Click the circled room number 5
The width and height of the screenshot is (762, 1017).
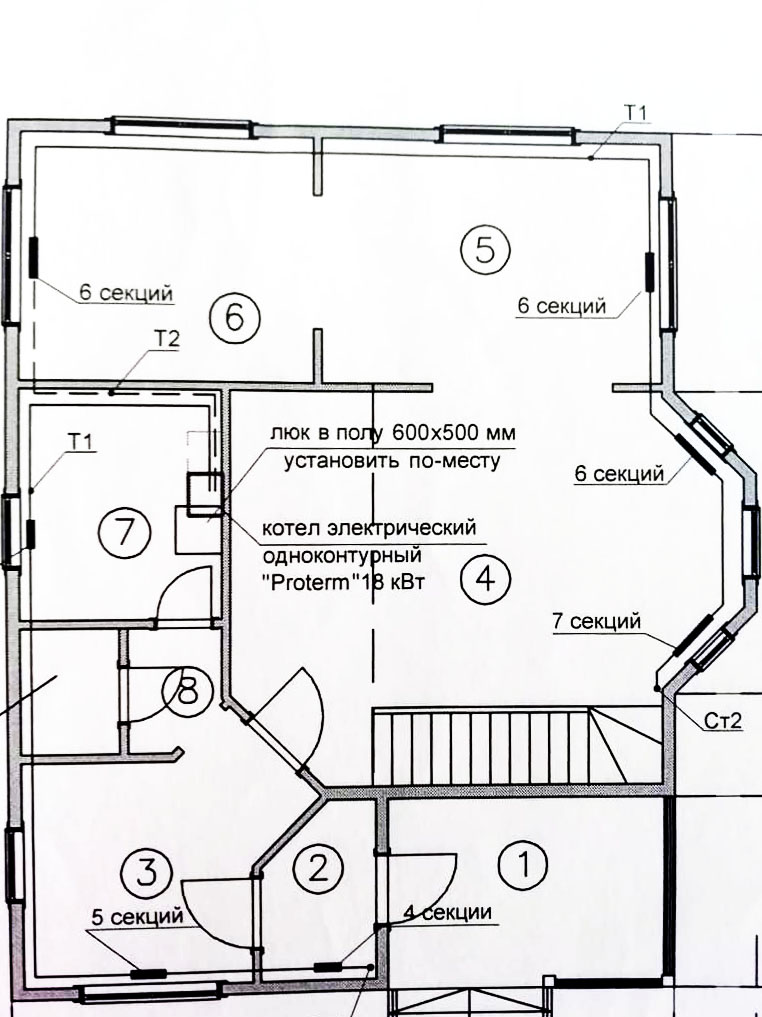click(485, 249)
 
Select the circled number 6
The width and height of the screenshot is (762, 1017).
click(235, 318)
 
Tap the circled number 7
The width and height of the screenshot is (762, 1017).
click(125, 532)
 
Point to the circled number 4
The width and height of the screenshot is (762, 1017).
click(486, 579)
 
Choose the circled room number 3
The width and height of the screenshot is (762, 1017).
click(147, 872)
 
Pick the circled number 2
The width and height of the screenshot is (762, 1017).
click(318, 868)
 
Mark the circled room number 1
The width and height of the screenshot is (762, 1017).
click(523, 865)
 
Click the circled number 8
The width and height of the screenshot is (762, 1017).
click(187, 690)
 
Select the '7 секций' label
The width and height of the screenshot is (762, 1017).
click(597, 621)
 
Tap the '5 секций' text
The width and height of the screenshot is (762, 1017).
click(137, 917)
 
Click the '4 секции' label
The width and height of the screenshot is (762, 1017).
click(447, 912)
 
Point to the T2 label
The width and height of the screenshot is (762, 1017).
click(166, 339)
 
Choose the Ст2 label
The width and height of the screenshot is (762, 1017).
click(722, 721)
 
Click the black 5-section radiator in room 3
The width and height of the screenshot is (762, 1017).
click(149, 973)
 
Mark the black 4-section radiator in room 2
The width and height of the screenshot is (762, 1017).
click(327, 968)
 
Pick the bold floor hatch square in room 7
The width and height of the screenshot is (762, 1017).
click(205, 494)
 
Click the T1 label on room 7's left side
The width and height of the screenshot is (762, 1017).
click(81, 442)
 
